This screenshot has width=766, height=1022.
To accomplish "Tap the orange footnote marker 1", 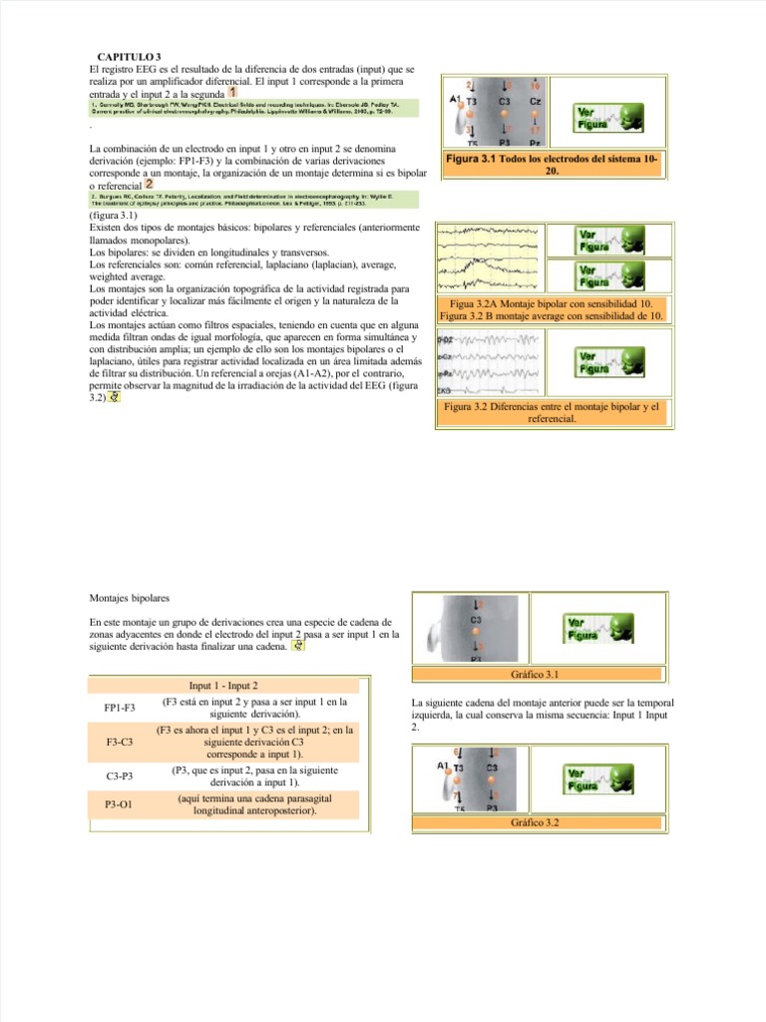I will [x=232, y=93].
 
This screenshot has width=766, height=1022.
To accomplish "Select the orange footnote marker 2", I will [x=149, y=184].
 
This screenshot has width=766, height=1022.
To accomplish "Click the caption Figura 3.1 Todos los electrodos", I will [x=552, y=165].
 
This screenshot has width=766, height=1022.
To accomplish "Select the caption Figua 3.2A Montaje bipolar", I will [x=552, y=308].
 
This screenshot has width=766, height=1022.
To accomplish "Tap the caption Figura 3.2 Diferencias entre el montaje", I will [x=552, y=413].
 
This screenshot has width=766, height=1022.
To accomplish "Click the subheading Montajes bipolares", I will [x=130, y=598].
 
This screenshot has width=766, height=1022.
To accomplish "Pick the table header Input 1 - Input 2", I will [x=223, y=686].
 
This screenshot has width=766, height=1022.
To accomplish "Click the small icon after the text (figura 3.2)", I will [x=115, y=396].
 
